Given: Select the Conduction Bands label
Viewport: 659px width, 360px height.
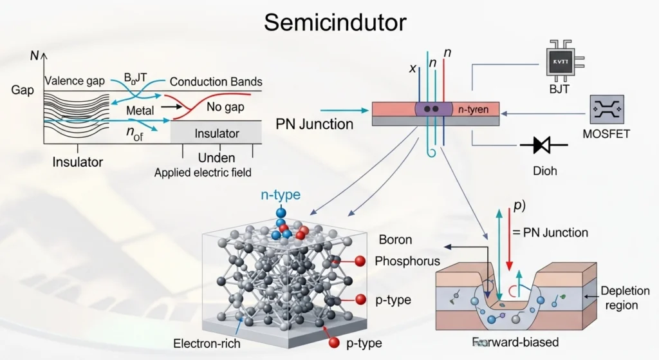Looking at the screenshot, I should pos(216,82).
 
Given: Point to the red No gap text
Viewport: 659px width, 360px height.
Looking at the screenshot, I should pos(225,108).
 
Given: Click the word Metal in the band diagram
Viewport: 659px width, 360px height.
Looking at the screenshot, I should pos(140,111).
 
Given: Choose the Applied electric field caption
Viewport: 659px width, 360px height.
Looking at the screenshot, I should pos(203,173).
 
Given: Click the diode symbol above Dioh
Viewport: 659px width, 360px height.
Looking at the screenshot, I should pos(543,146).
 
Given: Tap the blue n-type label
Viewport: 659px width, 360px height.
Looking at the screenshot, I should pos(280,195).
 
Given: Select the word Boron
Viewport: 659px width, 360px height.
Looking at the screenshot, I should pos(395,240).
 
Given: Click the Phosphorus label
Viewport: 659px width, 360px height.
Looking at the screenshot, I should pos(407,261).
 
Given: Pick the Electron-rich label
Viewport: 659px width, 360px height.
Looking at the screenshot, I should pos(207,343).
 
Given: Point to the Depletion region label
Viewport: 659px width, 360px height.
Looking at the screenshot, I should pos(625,298).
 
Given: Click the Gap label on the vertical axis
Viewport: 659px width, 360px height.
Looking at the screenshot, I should pos(23,90).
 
